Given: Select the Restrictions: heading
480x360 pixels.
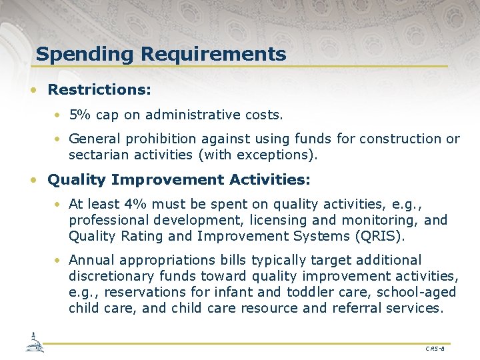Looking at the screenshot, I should (99, 89).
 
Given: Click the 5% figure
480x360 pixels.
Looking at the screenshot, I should (81, 115).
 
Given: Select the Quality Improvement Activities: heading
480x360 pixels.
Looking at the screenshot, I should (179, 180).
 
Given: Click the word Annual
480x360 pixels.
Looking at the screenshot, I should (90, 260).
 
